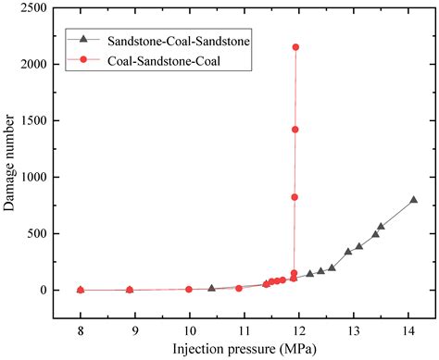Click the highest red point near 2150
coord(295,47)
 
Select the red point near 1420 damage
coord(295,130)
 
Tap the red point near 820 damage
coord(295,197)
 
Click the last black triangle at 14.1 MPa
coord(413,200)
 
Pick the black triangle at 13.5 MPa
coord(381,227)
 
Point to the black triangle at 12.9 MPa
coord(348,252)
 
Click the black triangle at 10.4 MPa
coord(211,289)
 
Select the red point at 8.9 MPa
coord(130,290)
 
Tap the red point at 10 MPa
coord(189,289)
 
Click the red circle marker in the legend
coord(85,60)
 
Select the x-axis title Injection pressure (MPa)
coord(246,349)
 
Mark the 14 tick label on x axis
coord(408,329)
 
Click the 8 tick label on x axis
coord(81,329)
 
